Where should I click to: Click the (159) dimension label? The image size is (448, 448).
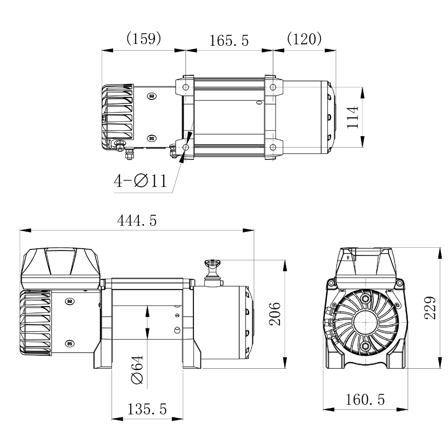[x=144, y=38]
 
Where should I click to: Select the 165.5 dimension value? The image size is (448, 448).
[x=229, y=41]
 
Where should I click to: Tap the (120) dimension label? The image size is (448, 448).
[x=304, y=38]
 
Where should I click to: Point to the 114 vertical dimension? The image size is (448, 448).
[x=352, y=117]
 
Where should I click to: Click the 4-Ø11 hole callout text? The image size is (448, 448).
[x=140, y=181]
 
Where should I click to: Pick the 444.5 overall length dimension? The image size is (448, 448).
[x=137, y=220]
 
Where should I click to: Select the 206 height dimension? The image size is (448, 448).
[x=275, y=314]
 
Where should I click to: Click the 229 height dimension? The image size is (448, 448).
[x=430, y=308]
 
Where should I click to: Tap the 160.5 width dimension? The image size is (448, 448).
[x=365, y=400]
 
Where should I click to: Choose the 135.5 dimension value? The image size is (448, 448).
[x=147, y=409]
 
